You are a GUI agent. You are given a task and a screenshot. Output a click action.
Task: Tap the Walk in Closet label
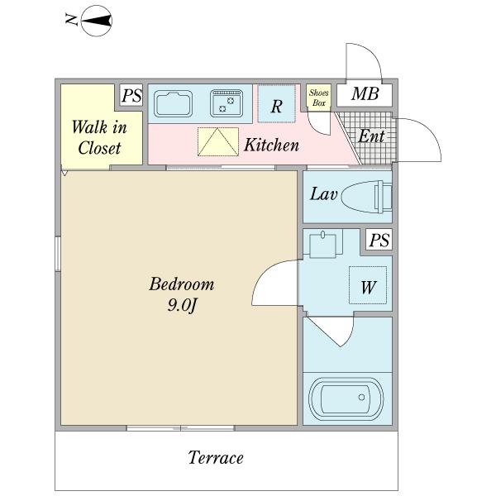pyautogui.click(x=99, y=137)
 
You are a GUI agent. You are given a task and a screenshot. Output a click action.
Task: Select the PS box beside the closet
pyautogui.click(x=131, y=95)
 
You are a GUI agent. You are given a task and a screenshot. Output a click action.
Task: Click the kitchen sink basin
pyautogui.click(x=173, y=104)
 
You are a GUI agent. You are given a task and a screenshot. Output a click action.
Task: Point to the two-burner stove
pyautogui.click(x=227, y=103)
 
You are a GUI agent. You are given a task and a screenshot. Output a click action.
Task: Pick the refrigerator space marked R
pyautogui.click(x=276, y=104)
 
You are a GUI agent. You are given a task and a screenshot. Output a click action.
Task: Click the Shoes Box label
pyautogui.click(x=319, y=98)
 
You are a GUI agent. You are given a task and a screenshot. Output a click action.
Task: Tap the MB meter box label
pyautogui.click(x=365, y=94)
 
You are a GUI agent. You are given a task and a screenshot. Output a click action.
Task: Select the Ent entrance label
pyautogui.click(x=371, y=136)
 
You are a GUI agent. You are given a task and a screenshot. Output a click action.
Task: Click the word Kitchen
pyautogui.click(x=271, y=145)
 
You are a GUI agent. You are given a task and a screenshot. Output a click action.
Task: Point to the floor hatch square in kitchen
pyautogui.click(x=218, y=141)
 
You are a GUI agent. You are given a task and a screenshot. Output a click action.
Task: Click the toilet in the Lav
pyautogui.click(x=367, y=197)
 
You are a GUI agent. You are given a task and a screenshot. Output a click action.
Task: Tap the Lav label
pyautogui.click(x=323, y=194)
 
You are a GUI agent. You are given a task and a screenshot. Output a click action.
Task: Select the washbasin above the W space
pyautogui.click(x=322, y=244)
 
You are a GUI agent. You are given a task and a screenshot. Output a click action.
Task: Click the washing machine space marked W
pyautogui.click(x=368, y=285)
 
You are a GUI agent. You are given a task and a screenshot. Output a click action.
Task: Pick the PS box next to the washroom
pyautogui.click(x=379, y=240)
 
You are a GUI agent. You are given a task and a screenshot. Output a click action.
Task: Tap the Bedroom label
pyautogui.click(x=182, y=284)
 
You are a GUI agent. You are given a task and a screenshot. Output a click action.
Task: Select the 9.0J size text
pyautogui.click(x=182, y=305)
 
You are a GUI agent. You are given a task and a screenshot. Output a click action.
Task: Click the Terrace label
pyautogui.click(x=216, y=457)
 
